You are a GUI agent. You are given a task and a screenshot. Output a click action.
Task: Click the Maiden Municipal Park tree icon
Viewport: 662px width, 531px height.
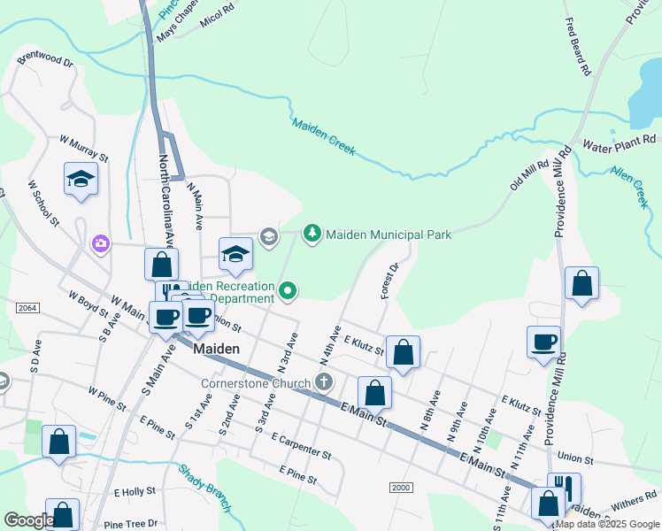(x=312, y=234)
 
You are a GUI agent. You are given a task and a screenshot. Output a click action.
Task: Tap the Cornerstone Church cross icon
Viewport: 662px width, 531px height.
(x=324, y=382)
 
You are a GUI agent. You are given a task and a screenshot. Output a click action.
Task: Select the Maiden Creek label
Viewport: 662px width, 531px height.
(x=324, y=138)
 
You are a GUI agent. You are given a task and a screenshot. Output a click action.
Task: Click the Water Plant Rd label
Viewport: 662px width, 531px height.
(x=619, y=140)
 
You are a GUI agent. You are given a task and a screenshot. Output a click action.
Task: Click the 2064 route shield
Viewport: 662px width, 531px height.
(x=27, y=306)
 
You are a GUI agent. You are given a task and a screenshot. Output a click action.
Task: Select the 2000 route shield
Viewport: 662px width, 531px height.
(x=401, y=488)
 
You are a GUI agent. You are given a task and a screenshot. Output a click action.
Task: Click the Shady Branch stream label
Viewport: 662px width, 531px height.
(x=205, y=488)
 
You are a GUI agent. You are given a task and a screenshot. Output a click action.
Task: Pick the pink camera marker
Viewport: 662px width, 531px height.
(x=101, y=242)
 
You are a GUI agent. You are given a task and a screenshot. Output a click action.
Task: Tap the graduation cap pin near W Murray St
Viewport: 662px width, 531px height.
(x=81, y=180)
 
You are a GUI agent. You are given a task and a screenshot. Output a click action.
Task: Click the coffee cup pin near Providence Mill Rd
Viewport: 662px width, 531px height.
(x=543, y=342)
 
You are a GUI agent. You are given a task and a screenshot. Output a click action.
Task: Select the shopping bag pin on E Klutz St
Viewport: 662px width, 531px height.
(x=403, y=352)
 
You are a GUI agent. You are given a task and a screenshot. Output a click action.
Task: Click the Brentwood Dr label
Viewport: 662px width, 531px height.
(x=44, y=60)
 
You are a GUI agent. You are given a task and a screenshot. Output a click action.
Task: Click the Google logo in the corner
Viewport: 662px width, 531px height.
(x=28, y=520)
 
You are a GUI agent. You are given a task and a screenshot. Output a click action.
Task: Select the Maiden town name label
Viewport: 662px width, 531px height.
(x=216, y=349)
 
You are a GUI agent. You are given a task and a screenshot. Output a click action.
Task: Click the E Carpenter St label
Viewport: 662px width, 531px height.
(x=302, y=446)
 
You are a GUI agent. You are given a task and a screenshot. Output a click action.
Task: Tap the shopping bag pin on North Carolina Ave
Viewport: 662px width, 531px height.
(x=162, y=264)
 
